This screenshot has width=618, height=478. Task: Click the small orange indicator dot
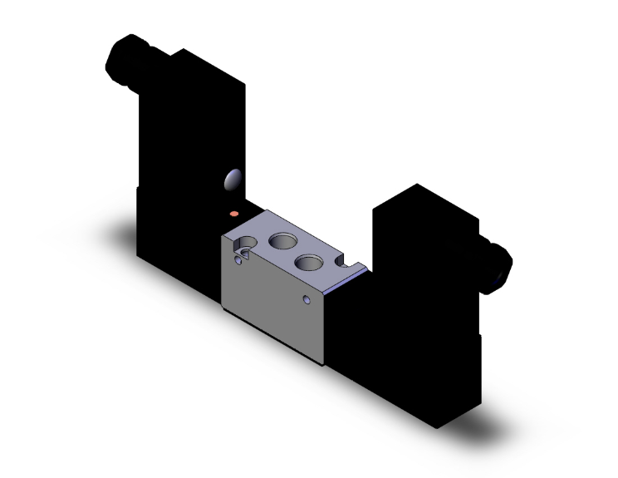[x=236, y=214]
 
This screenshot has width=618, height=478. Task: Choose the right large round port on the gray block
[x=309, y=264]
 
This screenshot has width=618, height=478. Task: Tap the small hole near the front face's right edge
[x=307, y=298]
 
